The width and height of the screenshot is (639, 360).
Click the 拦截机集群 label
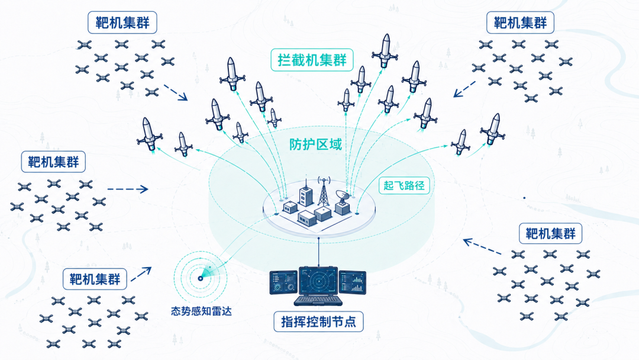click(312, 60)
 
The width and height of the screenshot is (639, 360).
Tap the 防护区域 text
click(315, 144)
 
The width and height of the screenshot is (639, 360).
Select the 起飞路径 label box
click(404, 185)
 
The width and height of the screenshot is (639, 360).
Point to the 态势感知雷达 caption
click(201, 311)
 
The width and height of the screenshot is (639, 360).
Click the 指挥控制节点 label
click(318, 322)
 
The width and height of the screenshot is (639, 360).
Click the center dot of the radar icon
click(200, 278)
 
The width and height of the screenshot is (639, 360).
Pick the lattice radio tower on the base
click(323, 192)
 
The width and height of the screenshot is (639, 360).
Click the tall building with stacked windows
click(306, 196)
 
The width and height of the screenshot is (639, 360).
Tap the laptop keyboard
click(318, 300)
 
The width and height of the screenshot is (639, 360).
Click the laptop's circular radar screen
click(318, 281)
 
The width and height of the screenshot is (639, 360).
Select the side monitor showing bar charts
click(353, 282)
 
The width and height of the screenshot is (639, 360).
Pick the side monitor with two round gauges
click(283, 282)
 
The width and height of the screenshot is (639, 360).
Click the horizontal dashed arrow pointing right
click(128, 189)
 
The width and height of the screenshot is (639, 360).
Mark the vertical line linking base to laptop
click(318, 252)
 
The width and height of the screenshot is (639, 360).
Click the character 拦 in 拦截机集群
click(285, 60)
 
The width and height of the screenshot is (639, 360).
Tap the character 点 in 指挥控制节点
click(349, 322)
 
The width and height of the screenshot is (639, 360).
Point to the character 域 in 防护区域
click(335, 144)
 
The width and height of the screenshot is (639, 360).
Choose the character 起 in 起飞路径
click(388, 185)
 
